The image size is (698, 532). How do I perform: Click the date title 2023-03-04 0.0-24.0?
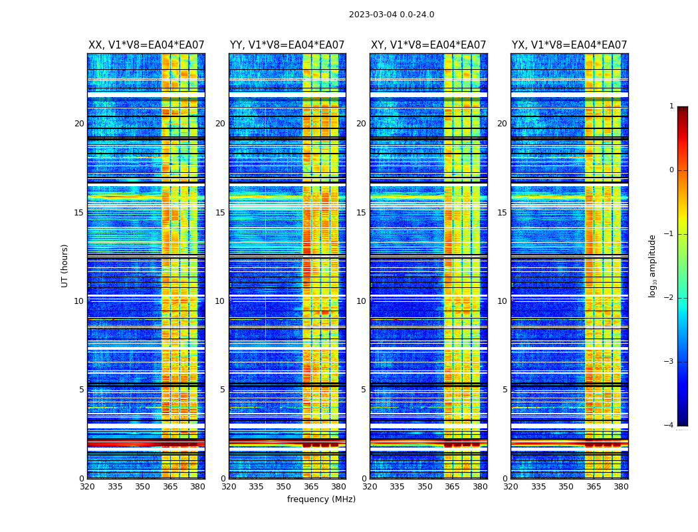click(x=392, y=15)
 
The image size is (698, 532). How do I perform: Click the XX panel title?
click(x=146, y=45)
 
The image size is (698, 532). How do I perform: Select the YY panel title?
click(x=287, y=45)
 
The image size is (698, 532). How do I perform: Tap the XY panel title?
click(x=428, y=45)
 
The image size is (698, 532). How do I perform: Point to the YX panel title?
click(x=569, y=45)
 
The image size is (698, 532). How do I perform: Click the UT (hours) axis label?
click(x=65, y=265)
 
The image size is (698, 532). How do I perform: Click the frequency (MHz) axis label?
click(x=321, y=499)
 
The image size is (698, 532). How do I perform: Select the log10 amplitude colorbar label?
click(x=653, y=265)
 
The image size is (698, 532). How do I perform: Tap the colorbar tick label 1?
click(x=671, y=106)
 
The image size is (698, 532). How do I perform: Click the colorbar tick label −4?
click(x=669, y=426)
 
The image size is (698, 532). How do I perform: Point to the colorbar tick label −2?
click(x=669, y=298)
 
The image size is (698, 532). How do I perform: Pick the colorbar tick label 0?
click(x=671, y=170)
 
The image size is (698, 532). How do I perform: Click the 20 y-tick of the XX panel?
click(x=79, y=124)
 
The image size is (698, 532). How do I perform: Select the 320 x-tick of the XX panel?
click(x=87, y=487)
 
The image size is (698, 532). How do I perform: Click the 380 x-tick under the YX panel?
click(x=621, y=487)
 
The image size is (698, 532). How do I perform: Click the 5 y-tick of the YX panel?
click(x=505, y=390)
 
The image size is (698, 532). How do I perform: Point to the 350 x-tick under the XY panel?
click(x=425, y=487)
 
